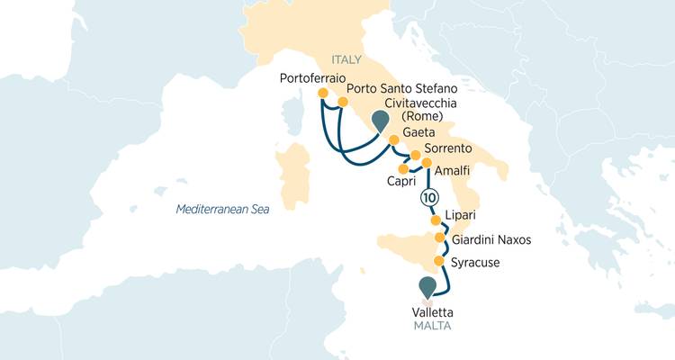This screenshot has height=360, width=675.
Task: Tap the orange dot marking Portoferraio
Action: pyautogui.click(x=323, y=93)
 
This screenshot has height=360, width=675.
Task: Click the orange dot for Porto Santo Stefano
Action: pyautogui.click(x=343, y=103)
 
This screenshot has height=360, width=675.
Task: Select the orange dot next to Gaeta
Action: pyautogui.click(x=392, y=139)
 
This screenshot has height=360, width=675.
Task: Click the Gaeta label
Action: pyautogui.click(x=421, y=132)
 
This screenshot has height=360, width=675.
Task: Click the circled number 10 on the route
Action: pyautogui.click(x=429, y=197)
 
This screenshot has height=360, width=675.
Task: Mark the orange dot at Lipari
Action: pyautogui.click(x=436, y=220)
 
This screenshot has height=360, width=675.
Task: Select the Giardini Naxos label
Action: pyautogui.click(x=491, y=240)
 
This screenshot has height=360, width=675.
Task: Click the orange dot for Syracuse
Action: pyautogui.click(x=439, y=262)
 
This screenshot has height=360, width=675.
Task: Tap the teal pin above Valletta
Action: pyautogui.click(x=427, y=287)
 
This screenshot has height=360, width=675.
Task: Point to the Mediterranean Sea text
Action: pyautogui.click(x=222, y=210)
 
